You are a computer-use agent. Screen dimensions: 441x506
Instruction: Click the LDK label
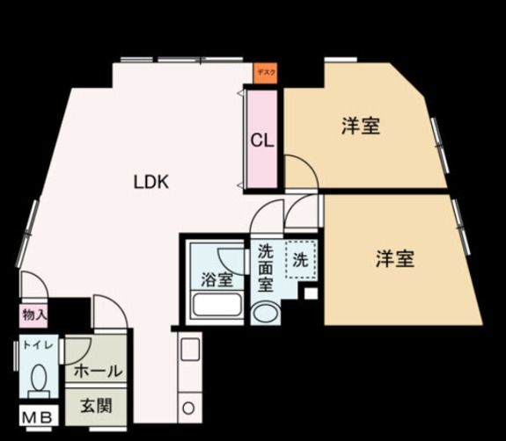[x=150, y=183]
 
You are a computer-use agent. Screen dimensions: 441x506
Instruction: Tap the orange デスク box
[x=265, y=74]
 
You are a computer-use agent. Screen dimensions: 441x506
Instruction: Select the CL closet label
[x=260, y=140]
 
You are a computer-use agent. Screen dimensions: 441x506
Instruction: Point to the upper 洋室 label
[x=360, y=127]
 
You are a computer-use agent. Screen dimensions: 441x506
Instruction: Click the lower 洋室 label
[x=395, y=259]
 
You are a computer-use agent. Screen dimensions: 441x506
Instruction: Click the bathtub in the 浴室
[x=217, y=307]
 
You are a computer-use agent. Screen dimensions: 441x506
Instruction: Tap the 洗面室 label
[x=266, y=268]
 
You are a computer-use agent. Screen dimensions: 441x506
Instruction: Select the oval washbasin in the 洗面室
[x=264, y=314]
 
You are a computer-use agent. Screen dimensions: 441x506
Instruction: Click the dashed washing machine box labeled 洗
[x=300, y=260]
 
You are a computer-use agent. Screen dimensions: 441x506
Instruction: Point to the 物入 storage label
[x=34, y=314]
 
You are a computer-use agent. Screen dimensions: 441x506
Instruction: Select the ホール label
[x=97, y=372]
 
